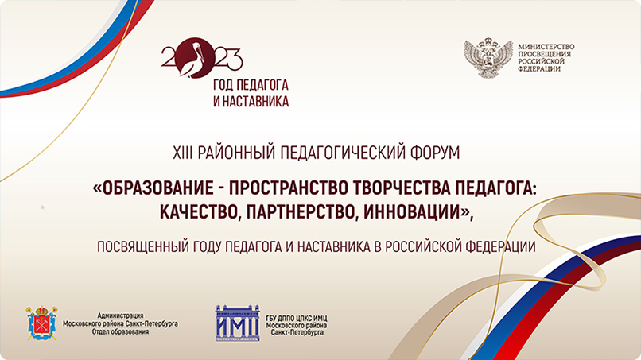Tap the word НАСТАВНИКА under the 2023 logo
click(x=262, y=102)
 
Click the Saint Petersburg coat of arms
click(x=41, y=321)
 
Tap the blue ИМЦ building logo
click(x=237, y=321)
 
